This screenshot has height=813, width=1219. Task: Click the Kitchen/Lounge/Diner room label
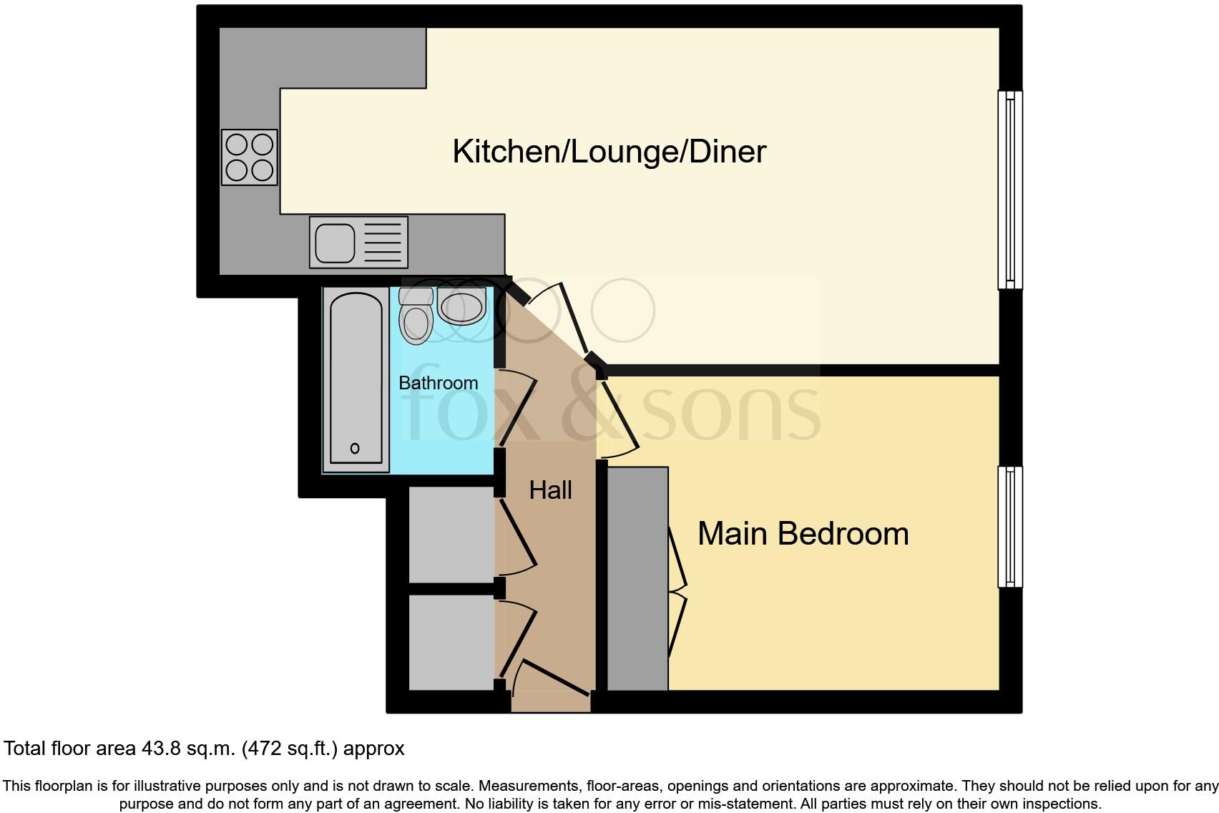tap(609, 152)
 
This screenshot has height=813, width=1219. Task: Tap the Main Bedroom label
tap(803, 534)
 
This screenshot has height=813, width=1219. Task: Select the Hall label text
tap(550, 490)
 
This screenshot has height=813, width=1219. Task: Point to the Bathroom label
tap(438, 383)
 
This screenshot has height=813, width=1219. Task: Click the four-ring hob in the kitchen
tap(249, 157)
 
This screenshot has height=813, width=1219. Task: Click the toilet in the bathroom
tap(416, 316)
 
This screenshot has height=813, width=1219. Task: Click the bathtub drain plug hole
tap(355, 449)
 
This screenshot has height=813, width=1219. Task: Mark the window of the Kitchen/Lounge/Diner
tap(1009, 190)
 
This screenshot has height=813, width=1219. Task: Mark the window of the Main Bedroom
tap(1009, 527)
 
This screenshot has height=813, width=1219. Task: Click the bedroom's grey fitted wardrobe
tap(637, 578)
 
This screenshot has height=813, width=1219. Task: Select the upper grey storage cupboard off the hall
tap(451, 534)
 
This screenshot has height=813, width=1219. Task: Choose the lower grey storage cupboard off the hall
tap(451, 642)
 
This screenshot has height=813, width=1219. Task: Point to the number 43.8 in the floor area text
tap(160, 749)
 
